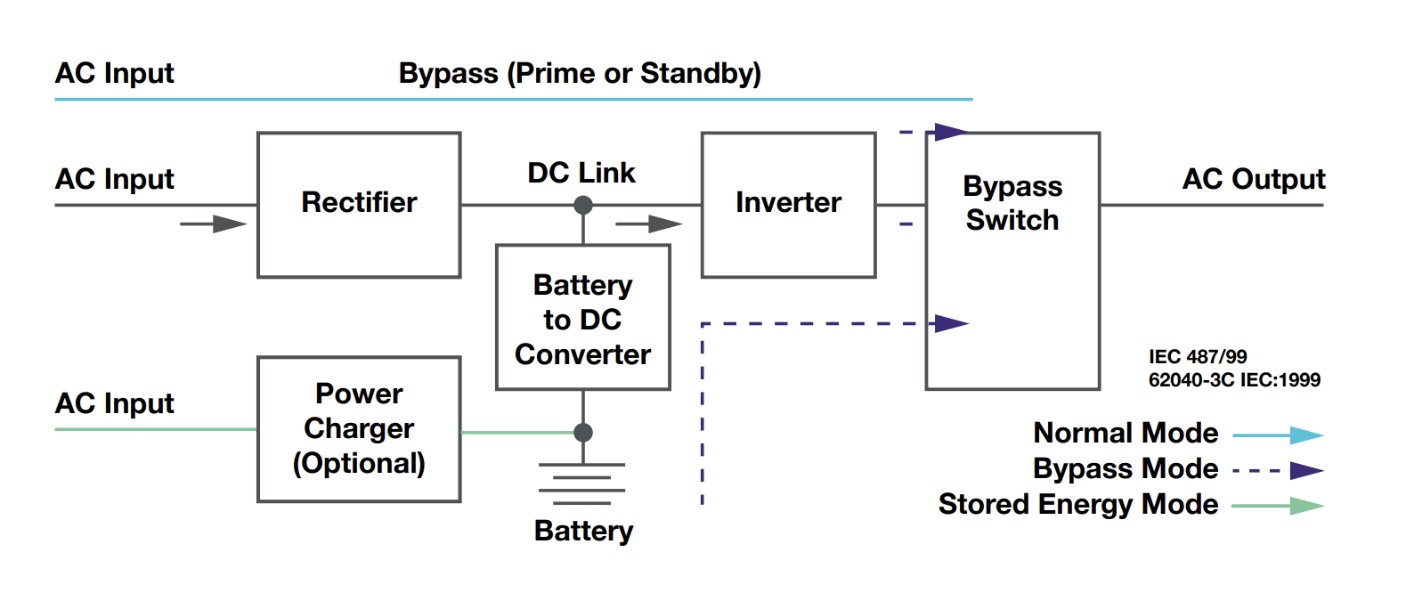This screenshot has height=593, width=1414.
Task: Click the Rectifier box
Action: coord(359,205)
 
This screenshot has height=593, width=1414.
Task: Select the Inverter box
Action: coord(788,205)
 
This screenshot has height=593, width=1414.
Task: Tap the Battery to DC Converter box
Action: coord(583,318)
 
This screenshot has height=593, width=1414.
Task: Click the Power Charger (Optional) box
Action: coord(359,429)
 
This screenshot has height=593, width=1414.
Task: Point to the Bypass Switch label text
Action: coord(1012,203)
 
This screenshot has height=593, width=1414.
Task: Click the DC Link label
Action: coord(581,173)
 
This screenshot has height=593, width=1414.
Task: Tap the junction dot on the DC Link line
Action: coord(583,206)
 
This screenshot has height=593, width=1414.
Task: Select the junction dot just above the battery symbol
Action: coord(583,433)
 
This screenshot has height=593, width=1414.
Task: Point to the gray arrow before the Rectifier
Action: coord(214,223)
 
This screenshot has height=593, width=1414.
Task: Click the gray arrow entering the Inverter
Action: coord(649,223)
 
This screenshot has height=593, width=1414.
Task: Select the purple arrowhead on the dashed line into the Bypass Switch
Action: coord(951,323)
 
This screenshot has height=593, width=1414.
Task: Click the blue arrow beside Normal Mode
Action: coord(1278,435)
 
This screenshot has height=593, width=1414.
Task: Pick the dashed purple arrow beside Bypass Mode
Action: coord(1278,470)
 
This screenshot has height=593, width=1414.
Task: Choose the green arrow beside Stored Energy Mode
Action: coord(1278,506)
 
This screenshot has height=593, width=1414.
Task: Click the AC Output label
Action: coord(1253,179)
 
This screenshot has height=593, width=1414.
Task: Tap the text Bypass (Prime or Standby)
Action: coord(580,73)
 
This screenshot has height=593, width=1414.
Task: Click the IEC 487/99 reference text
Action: coord(1198,357)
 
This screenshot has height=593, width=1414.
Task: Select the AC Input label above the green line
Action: coord(114,403)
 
